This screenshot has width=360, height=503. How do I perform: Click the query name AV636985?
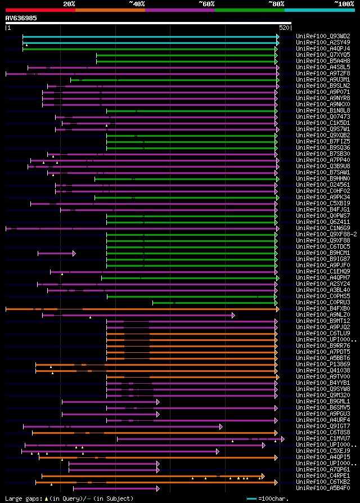(x=21, y=18)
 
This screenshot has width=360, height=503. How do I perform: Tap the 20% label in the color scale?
(x=69, y=4)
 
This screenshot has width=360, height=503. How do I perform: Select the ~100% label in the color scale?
(x=344, y=4)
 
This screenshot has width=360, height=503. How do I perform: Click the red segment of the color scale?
(x=40, y=10)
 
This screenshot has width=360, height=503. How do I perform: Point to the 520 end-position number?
(x=284, y=28)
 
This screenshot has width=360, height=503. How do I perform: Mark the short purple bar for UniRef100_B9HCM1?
(x=56, y=253)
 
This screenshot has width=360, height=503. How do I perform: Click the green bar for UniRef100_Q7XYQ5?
(x=186, y=55)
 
